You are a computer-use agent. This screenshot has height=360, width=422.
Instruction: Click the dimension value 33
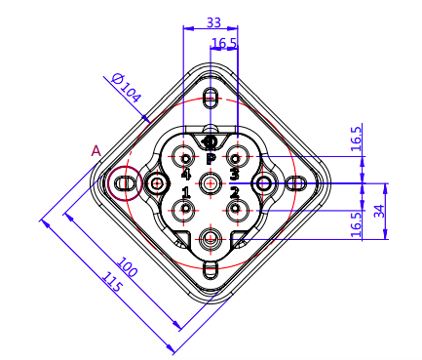[213, 22]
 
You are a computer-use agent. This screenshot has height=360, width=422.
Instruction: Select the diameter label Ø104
[127, 88]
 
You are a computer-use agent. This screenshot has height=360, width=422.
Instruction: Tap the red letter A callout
[96, 151]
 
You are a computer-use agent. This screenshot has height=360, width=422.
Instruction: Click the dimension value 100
[127, 266]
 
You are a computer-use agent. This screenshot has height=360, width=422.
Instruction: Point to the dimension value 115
[112, 282]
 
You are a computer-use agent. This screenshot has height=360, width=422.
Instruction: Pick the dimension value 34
[379, 211]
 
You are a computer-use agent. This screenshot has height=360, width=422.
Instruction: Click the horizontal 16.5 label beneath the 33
[224, 43]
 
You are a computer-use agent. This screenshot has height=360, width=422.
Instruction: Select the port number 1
[186, 192]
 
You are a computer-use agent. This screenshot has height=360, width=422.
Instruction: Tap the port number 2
[234, 193]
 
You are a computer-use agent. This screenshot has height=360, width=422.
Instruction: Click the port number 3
[234, 174]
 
